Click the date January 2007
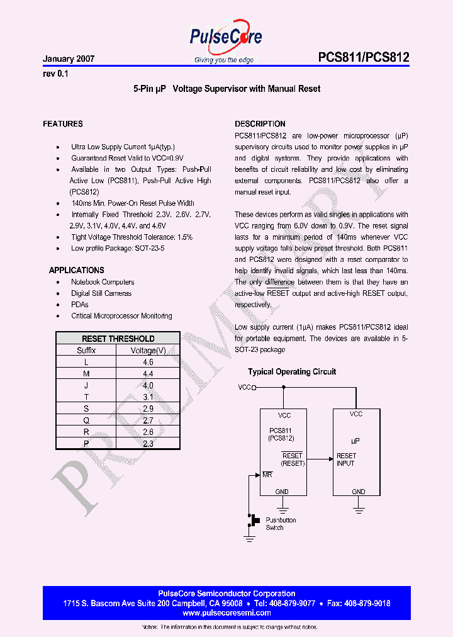69,59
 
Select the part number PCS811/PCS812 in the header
364,58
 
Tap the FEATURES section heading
63,124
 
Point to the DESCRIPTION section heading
260,124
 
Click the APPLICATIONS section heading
77,270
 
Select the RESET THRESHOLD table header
118,339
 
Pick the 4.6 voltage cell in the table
148,362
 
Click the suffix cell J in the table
86,385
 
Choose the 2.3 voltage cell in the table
148,444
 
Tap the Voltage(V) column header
148,351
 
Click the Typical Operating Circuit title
292,372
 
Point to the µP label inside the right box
355,442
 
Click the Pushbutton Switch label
281,524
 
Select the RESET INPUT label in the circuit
346,459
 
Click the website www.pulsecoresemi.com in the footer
226,612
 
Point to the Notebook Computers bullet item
103,282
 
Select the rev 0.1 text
55,74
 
